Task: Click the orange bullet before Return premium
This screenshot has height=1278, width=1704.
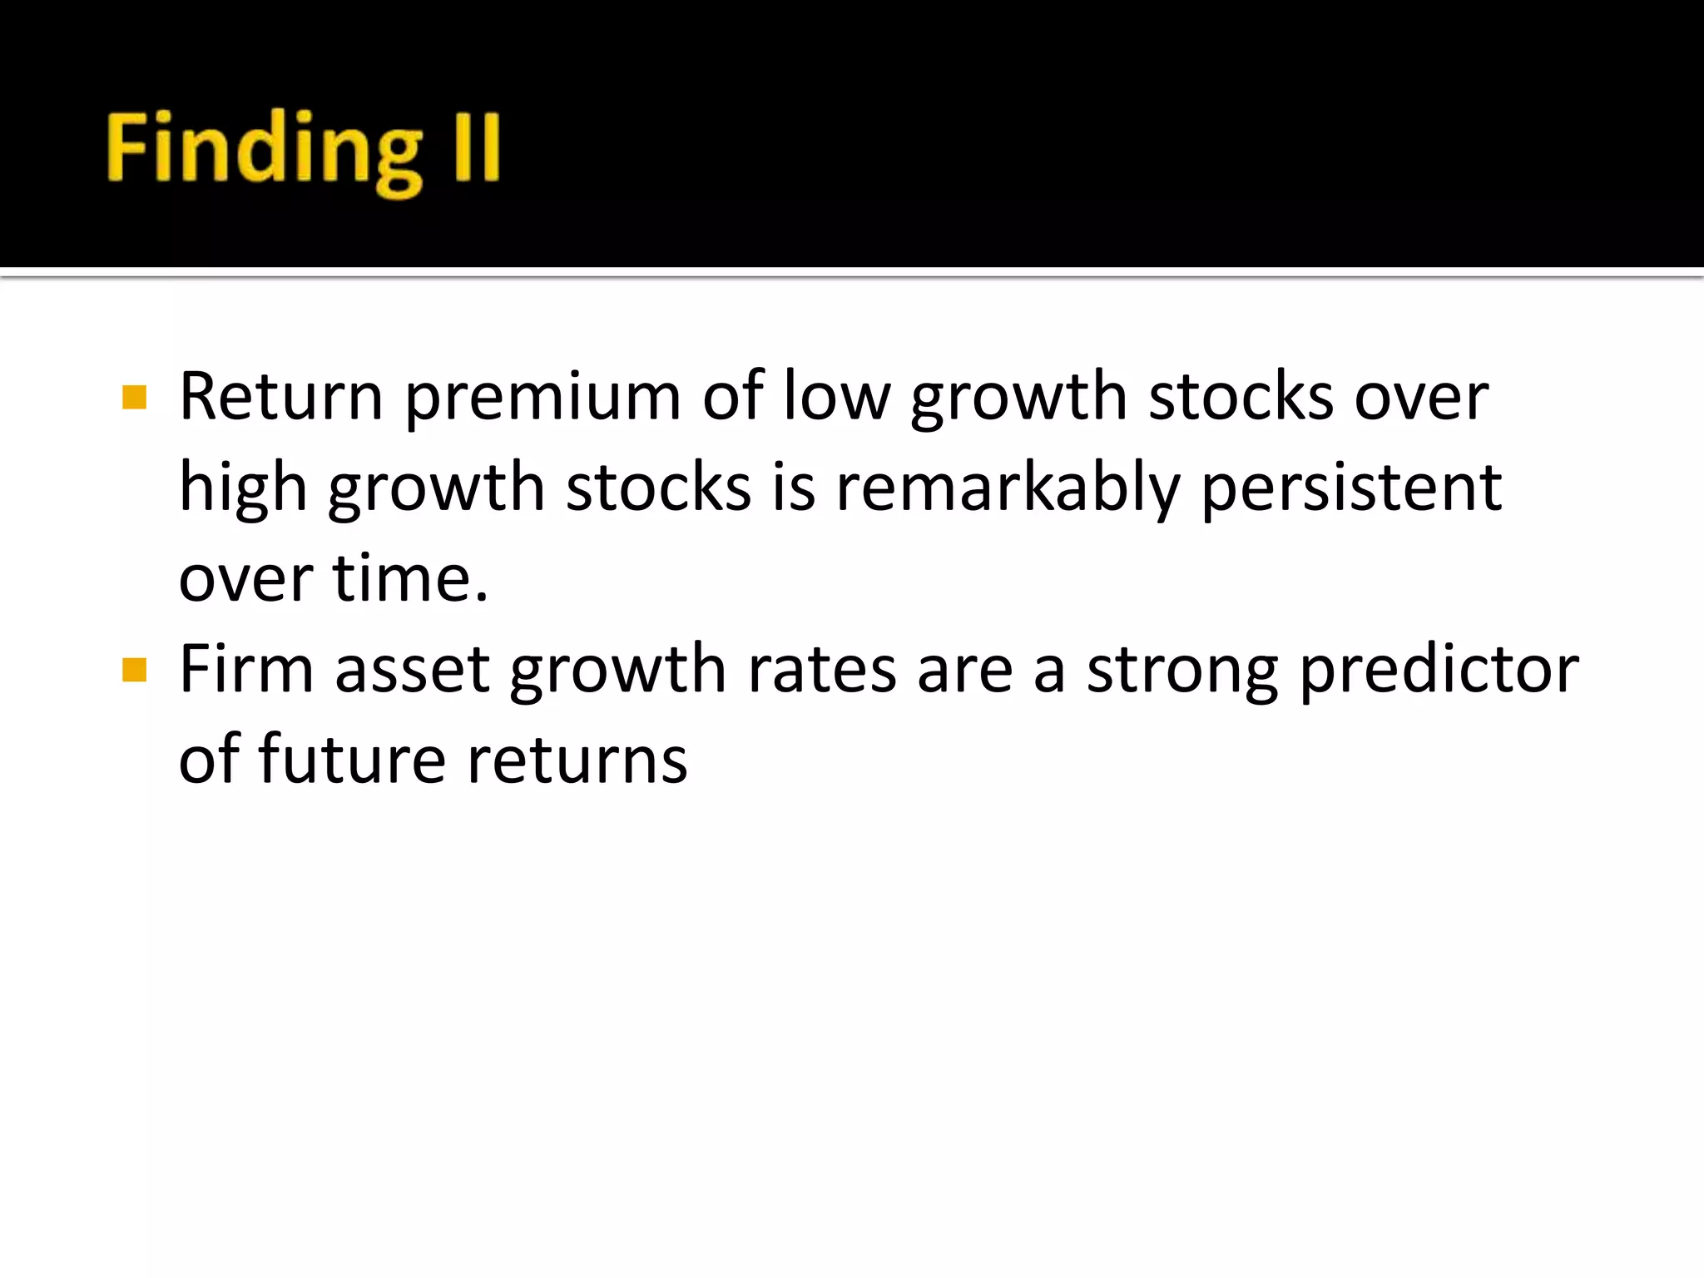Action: coord(134,397)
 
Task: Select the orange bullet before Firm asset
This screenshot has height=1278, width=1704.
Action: coord(134,670)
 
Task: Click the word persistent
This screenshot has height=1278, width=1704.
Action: coord(1351,489)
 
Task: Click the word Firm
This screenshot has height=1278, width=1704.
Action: coord(246,669)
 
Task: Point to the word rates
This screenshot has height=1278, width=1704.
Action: coord(822,671)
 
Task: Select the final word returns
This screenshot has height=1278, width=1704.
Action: coord(577,760)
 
